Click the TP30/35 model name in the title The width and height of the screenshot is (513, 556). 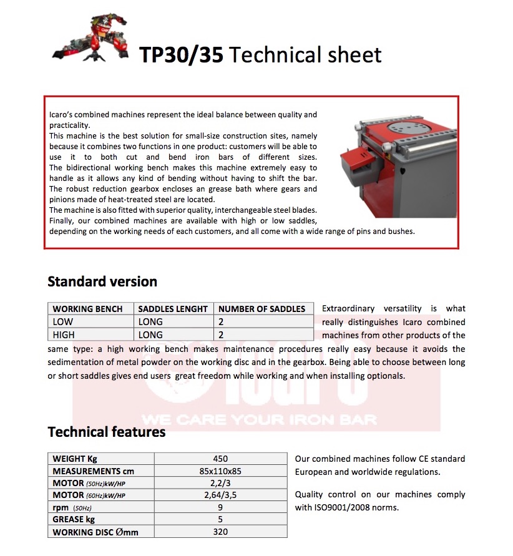(x=180, y=55)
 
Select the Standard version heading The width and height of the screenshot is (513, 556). (x=102, y=281)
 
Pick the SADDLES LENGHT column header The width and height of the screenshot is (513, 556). (x=173, y=309)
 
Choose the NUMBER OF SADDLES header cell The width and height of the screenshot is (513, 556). (x=262, y=309)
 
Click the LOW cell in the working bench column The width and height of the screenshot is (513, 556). (x=63, y=322)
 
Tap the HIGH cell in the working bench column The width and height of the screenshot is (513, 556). (x=64, y=335)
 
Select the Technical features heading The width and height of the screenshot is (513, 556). (x=107, y=432)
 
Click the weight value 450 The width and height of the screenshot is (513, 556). (x=220, y=459)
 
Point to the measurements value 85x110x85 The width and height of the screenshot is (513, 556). (x=220, y=471)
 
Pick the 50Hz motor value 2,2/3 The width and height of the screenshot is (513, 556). (x=220, y=483)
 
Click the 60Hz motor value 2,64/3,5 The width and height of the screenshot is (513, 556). (x=220, y=495)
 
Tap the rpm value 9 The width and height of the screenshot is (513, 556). (x=220, y=507)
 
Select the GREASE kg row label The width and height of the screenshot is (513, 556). (x=74, y=520)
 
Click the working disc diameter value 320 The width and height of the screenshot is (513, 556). (x=220, y=532)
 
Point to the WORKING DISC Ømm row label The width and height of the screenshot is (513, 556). (x=95, y=532)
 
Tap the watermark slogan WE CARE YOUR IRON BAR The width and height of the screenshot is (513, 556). (x=259, y=419)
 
